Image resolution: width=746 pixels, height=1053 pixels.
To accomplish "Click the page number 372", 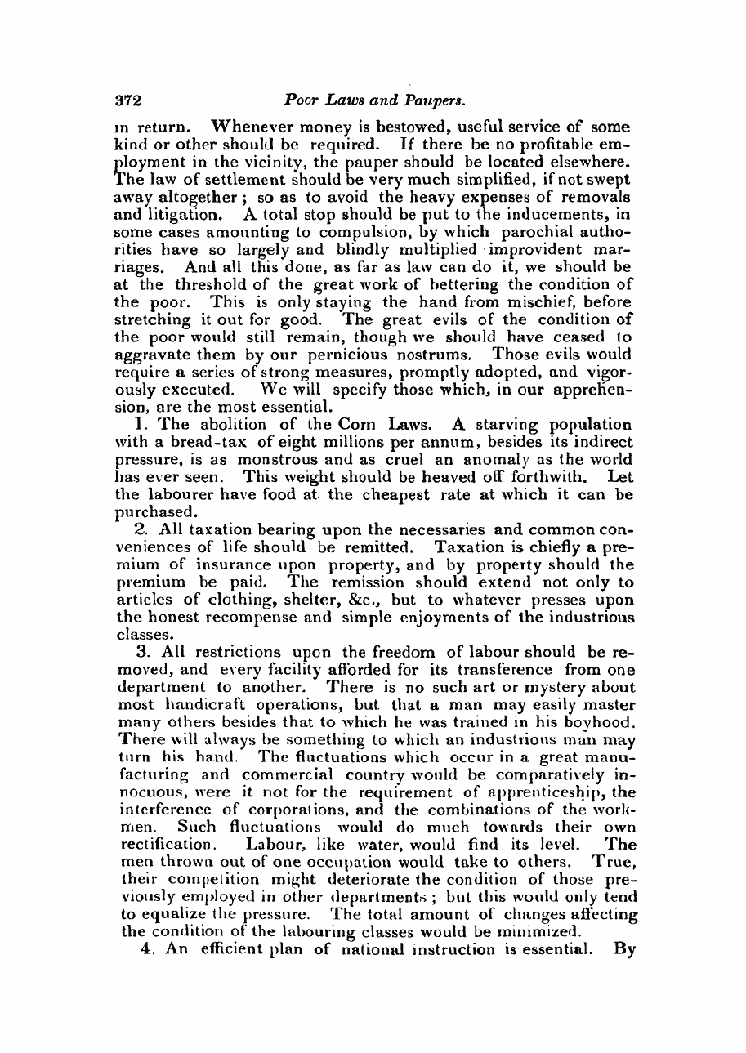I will click(x=128, y=100).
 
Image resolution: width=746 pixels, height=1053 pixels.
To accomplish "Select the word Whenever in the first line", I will click(x=253, y=127).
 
